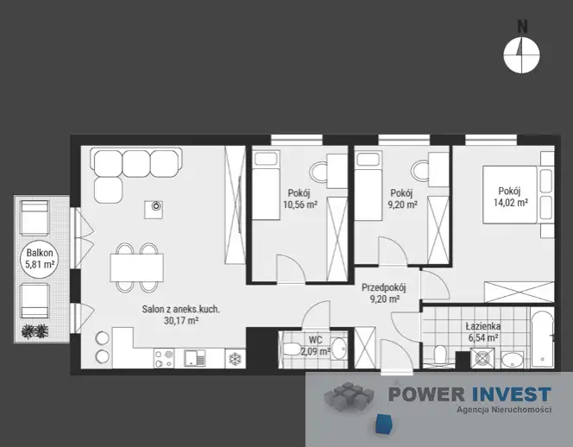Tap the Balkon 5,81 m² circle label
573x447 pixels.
pos(40,258)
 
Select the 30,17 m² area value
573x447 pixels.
pos(181,321)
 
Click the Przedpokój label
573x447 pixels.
pos(384,287)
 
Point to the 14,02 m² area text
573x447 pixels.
pos(511,203)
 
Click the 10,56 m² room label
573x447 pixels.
pos(299,205)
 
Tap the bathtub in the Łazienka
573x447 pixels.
pos(542,339)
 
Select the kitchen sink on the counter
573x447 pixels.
pos(195,358)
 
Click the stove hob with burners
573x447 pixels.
pos(164,358)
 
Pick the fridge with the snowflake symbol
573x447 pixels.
pos(235,359)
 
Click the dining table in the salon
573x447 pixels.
pos(136,268)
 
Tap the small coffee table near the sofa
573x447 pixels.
pos(154,210)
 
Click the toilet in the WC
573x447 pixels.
pos(292,349)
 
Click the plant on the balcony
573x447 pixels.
pos(35,331)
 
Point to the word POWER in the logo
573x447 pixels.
pos(426,394)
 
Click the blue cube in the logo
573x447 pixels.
pos(384,423)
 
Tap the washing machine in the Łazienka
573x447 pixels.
pos(482,358)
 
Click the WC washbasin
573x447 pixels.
pos(339,349)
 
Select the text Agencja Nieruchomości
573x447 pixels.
pos(504,410)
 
